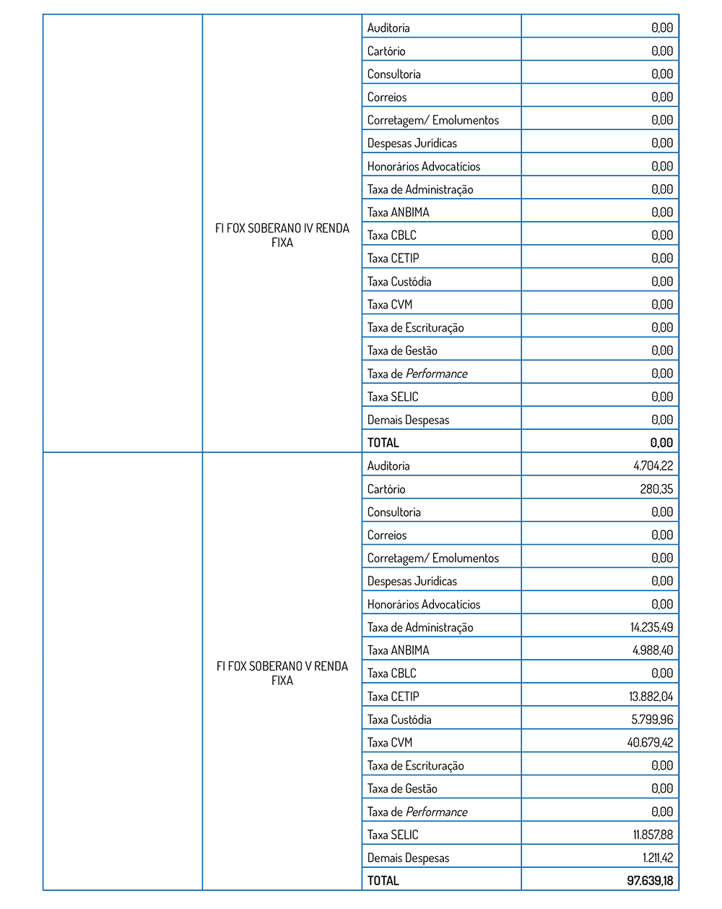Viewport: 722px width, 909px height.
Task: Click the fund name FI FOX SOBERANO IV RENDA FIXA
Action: pos(282,236)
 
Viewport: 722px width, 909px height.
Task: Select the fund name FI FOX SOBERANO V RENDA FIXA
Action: pos(282,673)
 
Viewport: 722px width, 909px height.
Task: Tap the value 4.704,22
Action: pos(653,466)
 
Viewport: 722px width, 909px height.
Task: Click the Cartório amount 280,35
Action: pos(656,489)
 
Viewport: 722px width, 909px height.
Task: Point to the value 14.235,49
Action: pos(651,627)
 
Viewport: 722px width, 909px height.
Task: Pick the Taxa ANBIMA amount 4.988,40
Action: pos(653,650)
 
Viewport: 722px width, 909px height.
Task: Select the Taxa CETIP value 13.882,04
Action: pos(651,697)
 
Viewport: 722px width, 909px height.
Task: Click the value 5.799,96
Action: pos(653,720)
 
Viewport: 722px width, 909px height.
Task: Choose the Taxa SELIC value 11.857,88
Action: pos(653,835)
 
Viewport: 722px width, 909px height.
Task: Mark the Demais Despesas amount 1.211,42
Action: pos(658,858)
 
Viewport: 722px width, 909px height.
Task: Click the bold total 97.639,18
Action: pos(650,881)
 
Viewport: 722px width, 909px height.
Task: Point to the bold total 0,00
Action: pos(661,443)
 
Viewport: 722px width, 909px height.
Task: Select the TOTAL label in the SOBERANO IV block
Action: pos(383,443)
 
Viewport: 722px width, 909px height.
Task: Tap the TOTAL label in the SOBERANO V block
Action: pos(383,881)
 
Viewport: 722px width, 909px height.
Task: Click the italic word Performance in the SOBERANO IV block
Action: pos(436,374)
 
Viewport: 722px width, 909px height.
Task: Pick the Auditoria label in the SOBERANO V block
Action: pos(388,466)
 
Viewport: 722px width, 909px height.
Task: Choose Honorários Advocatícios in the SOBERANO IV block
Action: pos(424,166)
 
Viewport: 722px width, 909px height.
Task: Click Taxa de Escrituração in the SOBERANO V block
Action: pos(415,766)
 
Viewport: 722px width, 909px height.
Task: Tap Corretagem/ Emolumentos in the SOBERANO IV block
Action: pos(433,120)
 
